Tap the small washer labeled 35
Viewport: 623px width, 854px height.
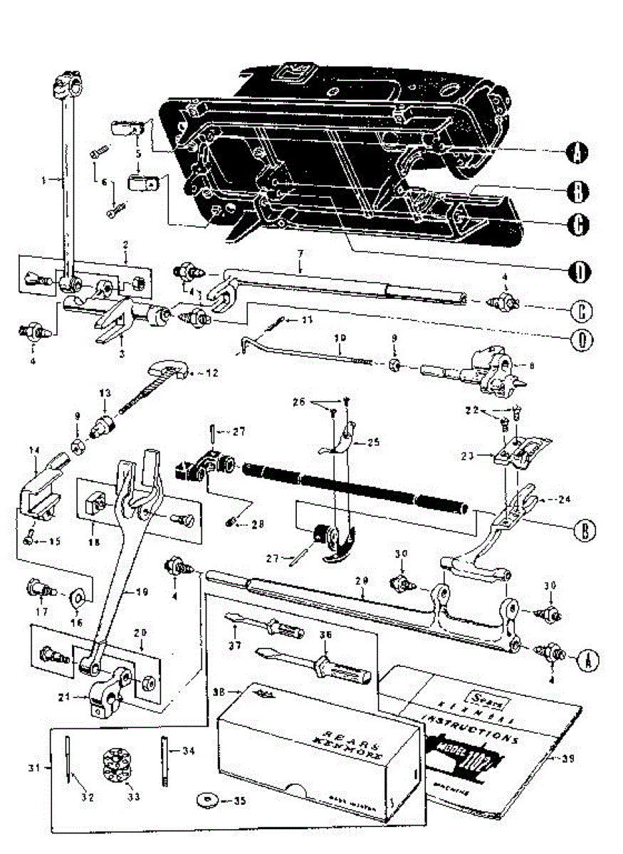click(206, 801)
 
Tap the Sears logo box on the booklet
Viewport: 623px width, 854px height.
click(480, 693)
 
